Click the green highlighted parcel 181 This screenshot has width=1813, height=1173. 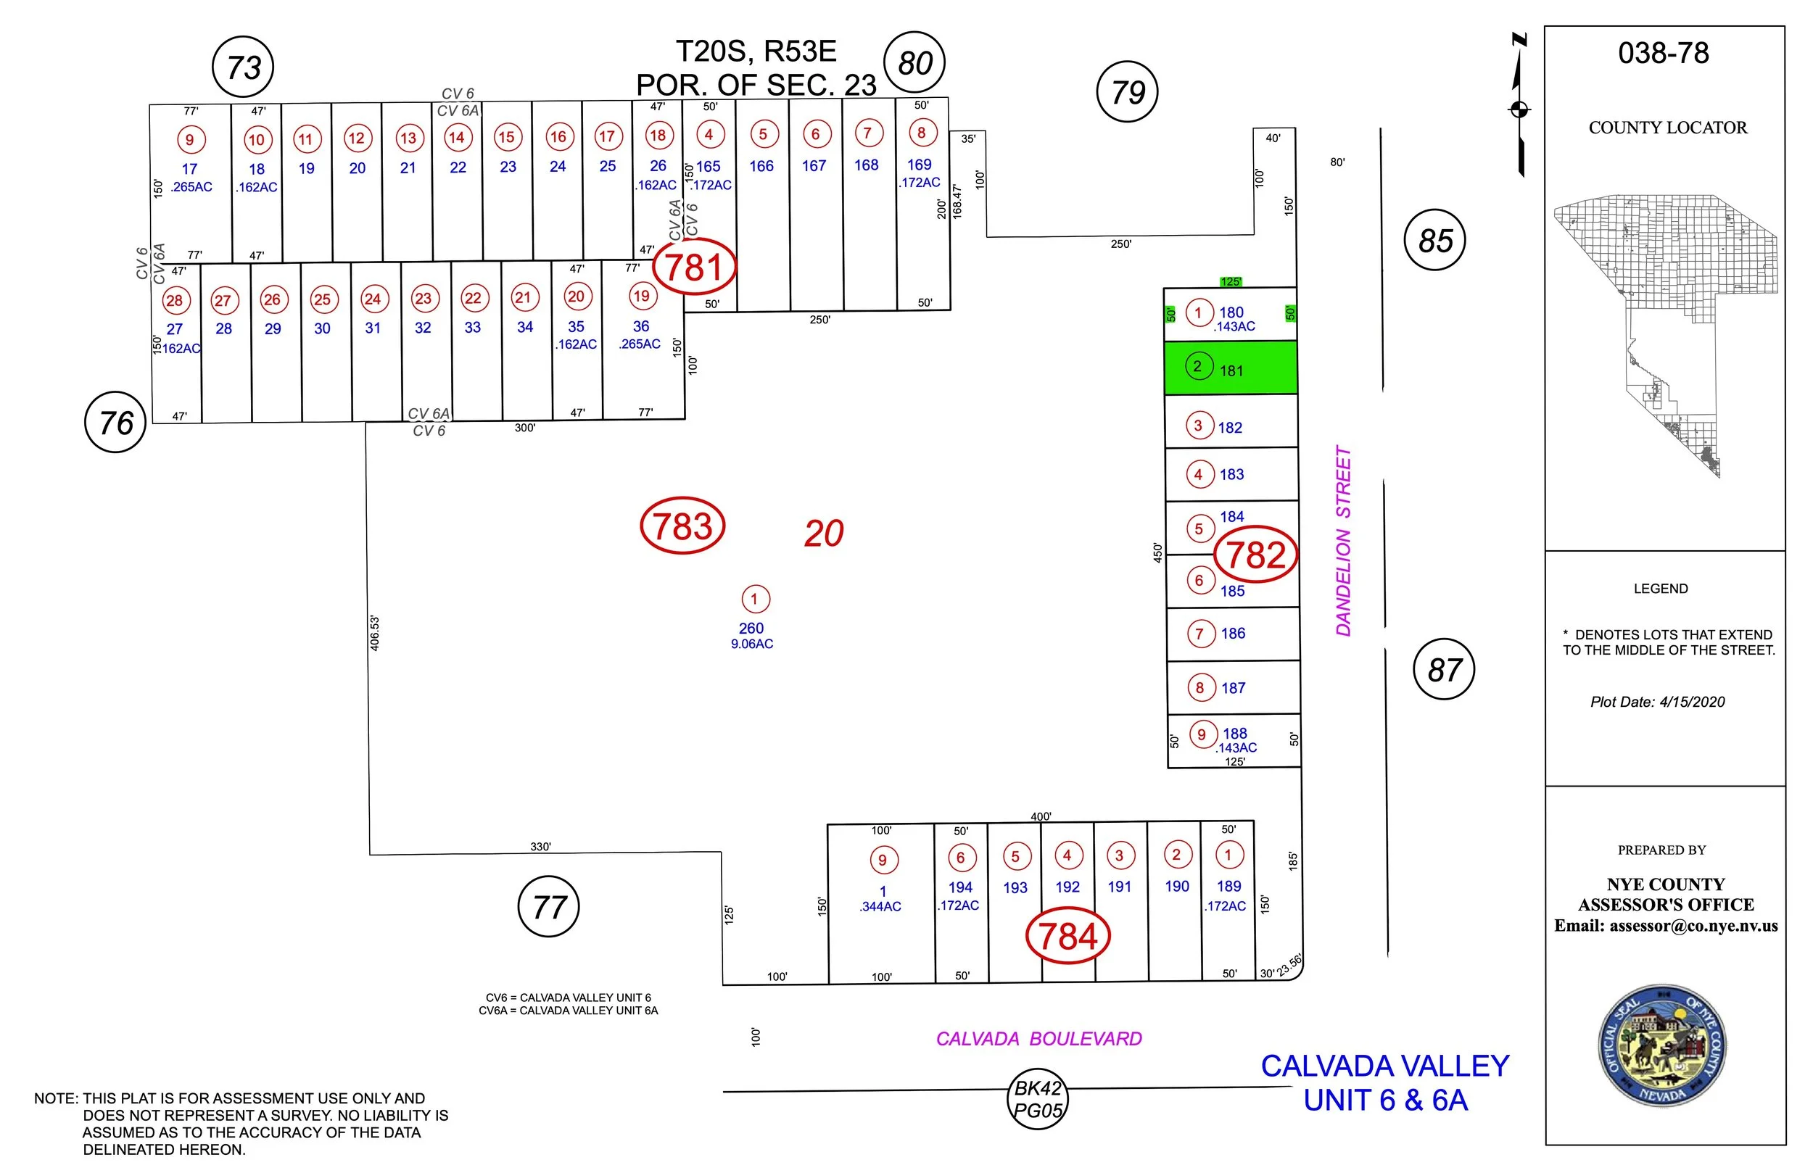[1230, 368]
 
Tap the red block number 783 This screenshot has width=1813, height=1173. [682, 526]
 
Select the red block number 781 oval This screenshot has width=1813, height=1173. [694, 267]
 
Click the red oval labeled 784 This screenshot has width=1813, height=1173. [1068, 935]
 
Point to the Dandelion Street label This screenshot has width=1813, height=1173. [1343, 541]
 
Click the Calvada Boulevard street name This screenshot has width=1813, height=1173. [1039, 1039]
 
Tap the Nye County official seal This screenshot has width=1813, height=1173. [1661, 1046]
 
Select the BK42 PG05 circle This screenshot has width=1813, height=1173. [1038, 1099]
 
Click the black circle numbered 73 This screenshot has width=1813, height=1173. [243, 67]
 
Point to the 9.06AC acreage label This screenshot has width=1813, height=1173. [752, 644]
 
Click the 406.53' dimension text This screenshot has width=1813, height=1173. [375, 633]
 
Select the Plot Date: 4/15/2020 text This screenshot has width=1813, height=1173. [1658, 702]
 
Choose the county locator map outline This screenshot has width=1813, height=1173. [1665, 336]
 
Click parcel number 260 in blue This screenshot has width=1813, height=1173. [751, 629]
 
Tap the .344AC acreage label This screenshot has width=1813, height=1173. [880, 906]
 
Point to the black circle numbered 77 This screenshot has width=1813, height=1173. [548, 906]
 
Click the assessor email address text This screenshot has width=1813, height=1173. [1666, 927]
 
